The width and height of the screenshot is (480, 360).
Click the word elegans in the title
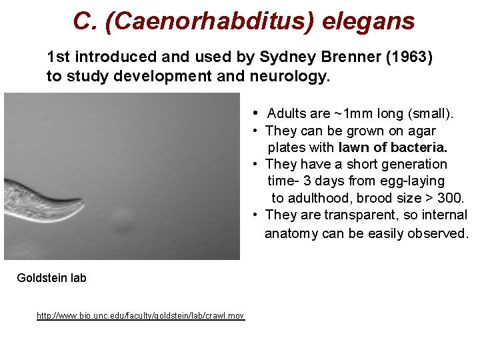pyautogui.click(x=368, y=21)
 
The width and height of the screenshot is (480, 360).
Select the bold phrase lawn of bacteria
pyautogui.click(x=393, y=147)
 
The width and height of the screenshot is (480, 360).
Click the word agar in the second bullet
pyautogui.click(x=423, y=131)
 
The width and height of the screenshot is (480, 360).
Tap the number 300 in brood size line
pyautogui.click(x=450, y=198)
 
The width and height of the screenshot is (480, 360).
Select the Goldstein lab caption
pyautogui.click(x=51, y=278)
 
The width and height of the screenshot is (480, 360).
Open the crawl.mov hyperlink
pyautogui.click(x=141, y=315)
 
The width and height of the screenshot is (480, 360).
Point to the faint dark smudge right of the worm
pyautogui.click(x=121, y=215)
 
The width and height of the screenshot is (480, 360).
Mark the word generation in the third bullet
pyautogui.click(x=415, y=164)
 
